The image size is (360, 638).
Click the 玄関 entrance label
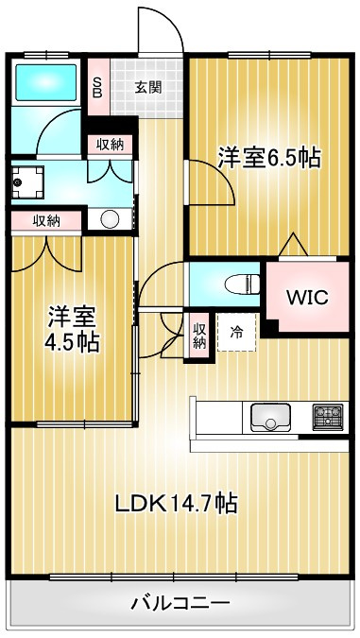147,88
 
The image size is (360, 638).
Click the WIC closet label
307,297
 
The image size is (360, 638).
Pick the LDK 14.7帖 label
176,503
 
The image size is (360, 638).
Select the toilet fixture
240,281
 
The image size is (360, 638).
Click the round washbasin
110,219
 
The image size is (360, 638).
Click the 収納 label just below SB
109,144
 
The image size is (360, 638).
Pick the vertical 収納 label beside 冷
199,335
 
